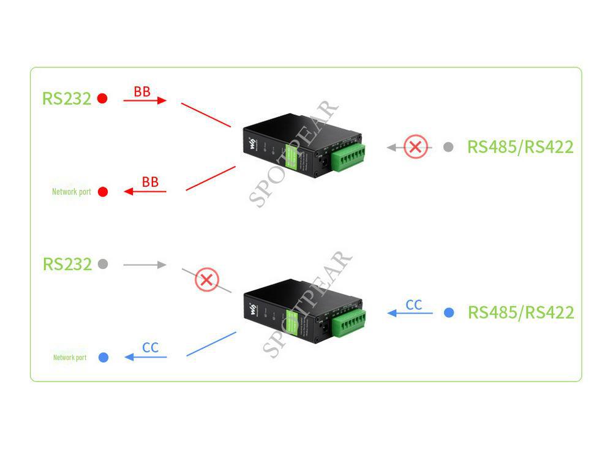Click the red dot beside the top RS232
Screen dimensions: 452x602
[102, 98]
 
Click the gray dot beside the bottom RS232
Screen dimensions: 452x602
[103, 264]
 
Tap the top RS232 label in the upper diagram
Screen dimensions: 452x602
[66, 98]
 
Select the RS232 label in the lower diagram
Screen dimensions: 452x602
[67, 264]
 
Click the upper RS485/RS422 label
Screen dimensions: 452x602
[520, 147]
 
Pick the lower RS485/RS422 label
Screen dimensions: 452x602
[521, 312]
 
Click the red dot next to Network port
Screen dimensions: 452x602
[103, 192]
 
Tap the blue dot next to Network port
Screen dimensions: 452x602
[103, 357]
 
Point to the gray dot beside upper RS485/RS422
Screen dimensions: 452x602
[448, 147]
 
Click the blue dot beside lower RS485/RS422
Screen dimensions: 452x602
[449, 312]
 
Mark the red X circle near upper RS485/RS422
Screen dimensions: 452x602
[416, 147]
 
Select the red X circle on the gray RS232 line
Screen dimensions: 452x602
[207, 281]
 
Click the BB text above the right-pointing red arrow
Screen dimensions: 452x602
[142, 92]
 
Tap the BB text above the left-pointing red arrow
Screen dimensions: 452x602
[150, 182]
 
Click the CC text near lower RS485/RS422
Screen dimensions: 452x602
[414, 305]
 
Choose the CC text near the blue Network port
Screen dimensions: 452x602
[150, 348]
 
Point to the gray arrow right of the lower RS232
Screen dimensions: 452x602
[145, 265]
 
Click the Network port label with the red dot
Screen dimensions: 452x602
[71, 192]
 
